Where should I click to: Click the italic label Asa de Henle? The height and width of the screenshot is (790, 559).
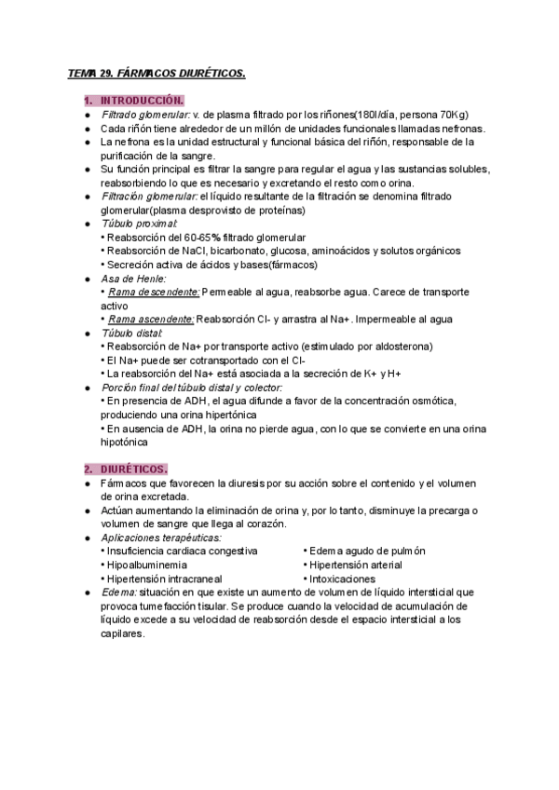point(133,278)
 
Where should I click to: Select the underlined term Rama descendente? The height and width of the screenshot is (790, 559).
point(154,292)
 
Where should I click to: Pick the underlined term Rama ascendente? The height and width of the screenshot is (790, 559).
point(151,319)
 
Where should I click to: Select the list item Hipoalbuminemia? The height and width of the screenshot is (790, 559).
point(147,565)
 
